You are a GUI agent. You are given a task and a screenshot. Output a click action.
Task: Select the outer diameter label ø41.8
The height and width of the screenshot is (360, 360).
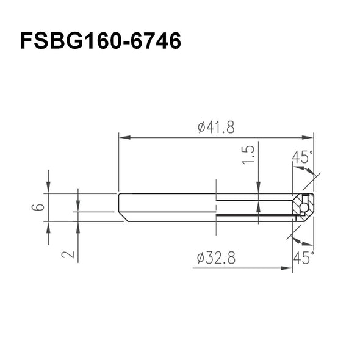click(216, 128)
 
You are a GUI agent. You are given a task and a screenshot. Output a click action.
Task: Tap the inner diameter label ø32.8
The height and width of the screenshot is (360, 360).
click(216, 259)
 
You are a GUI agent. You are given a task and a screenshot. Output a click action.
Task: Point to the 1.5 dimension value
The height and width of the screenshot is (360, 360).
click(249, 156)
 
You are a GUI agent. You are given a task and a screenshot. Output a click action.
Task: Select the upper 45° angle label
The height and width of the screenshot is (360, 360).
click(303, 157)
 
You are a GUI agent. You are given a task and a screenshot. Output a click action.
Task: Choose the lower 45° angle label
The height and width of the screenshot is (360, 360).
click(303, 257)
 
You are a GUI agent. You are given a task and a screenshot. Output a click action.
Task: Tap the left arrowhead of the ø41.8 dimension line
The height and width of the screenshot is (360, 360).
click(123, 137)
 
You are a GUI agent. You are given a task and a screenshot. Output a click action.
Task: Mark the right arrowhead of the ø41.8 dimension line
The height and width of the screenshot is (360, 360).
click(309, 137)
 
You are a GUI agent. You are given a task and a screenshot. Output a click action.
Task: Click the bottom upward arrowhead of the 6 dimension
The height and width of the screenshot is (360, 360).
click(48, 226)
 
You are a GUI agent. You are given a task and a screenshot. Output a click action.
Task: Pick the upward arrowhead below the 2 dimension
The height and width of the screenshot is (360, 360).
click(78, 226)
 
